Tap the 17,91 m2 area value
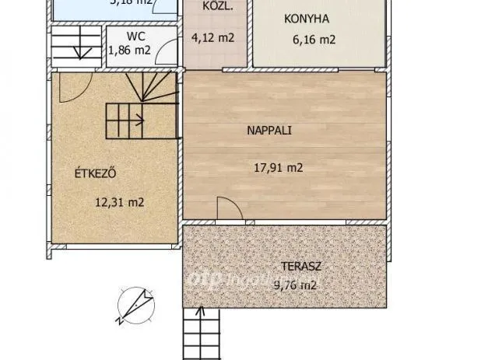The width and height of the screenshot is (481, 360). click(278, 167)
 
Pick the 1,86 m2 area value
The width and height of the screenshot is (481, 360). click(130, 51)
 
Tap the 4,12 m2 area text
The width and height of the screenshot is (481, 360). click(212, 37)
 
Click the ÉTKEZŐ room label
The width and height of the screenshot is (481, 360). click(96, 173)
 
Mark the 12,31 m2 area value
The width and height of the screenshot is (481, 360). click(118, 202)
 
